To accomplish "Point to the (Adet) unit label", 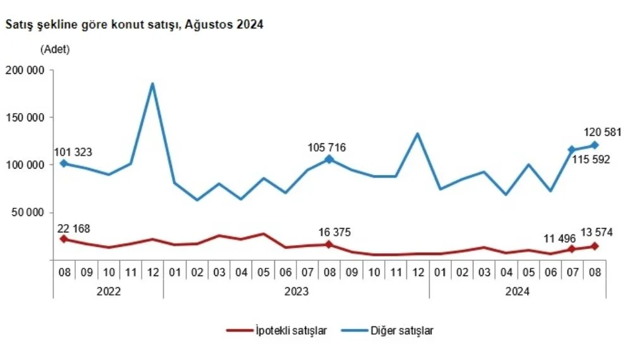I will click(55, 49).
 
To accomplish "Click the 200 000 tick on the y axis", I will click(25, 70).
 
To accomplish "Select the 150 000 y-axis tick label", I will click(25, 117).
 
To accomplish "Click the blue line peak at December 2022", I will click(152, 84).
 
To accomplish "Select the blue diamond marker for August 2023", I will click(329, 159).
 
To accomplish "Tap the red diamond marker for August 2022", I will click(64, 239).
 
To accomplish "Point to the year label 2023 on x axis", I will click(296, 292).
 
